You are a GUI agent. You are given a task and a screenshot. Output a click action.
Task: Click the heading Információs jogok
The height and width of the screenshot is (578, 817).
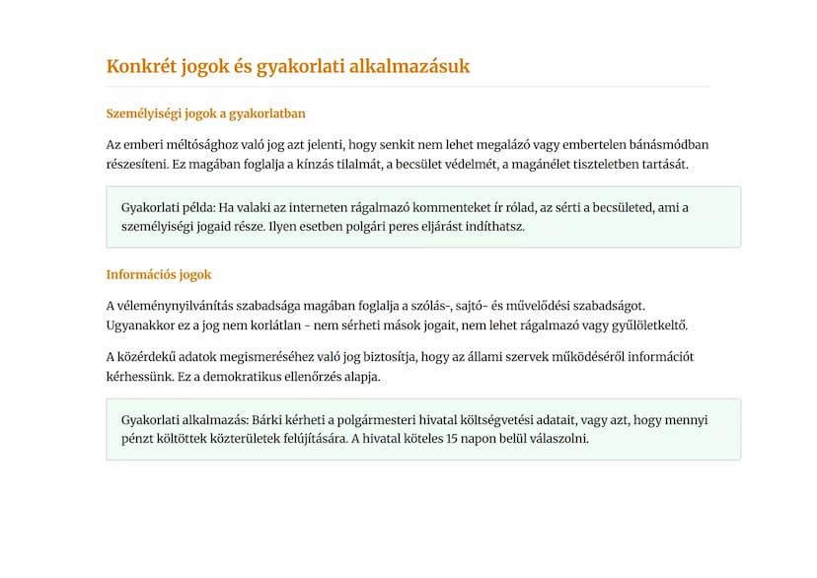click(159, 275)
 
